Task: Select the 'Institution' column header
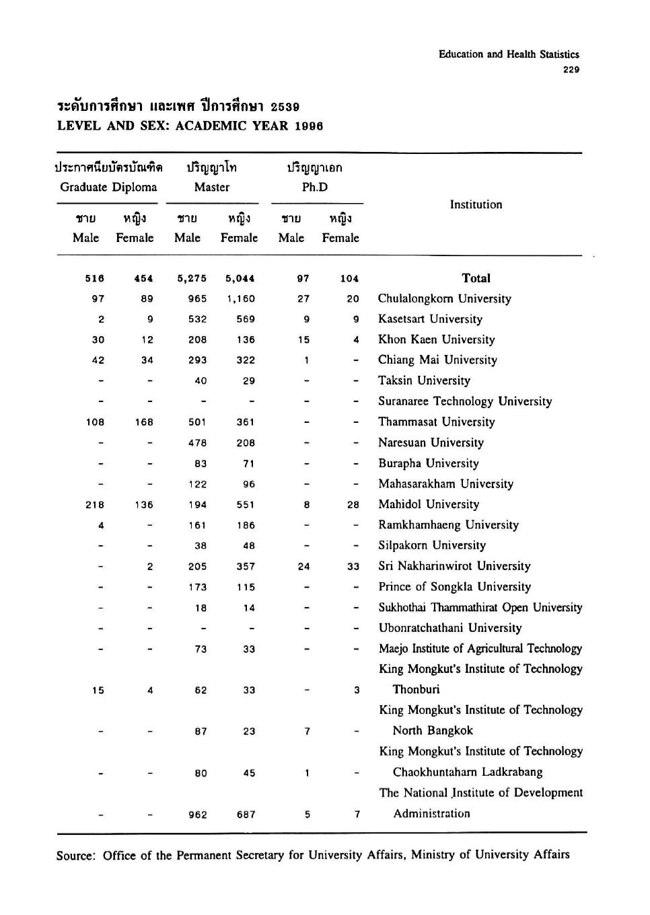(x=476, y=204)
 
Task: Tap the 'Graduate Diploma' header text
(x=108, y=188)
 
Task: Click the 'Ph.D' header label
(x=315, y=188)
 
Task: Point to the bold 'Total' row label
(x=476, y=278)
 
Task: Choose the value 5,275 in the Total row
(x=192, y=278)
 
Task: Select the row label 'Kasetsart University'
(x=430, y=319)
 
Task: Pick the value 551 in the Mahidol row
(x=246, y=505)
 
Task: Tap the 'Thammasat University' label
(x=436, y=422)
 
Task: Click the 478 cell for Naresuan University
(x=197, y=443)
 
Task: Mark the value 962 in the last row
(x=197, y=815)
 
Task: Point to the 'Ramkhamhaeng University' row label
(x=448, y=525)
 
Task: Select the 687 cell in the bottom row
(x=246, y=815)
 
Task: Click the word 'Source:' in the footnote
(x=76, y=856)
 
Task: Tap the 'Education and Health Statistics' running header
(x=509, y=54)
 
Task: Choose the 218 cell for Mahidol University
(x=95, y=505)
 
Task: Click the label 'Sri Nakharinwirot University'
(x=454, y=566)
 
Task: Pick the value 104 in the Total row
(x=349, y=278)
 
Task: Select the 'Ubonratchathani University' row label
(x=449, y=628)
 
